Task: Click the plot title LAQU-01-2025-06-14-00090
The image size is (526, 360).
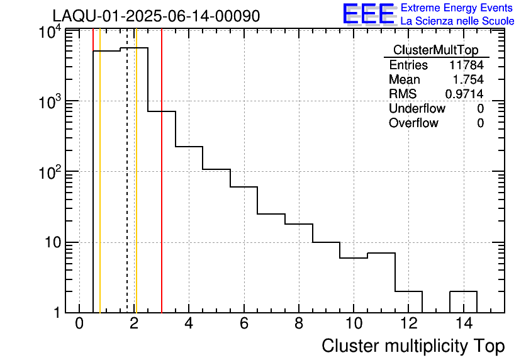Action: pyautogui.click(x=156, y=16)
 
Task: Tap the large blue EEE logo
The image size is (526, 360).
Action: pyautogui.click(x=368, y=14)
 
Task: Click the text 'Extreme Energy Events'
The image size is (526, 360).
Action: pyautogui.click(x=457, y=8)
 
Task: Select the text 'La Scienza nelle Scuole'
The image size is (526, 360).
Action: pyautogui.click(x=457, y=21)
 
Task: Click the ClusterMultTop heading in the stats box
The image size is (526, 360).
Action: pyautogui.click(x=435, y=50)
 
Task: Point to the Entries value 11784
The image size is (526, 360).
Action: pyautogui.click(x=466, y=65)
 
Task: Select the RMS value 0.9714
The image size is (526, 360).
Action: pyautogui.click(x=464, y=94)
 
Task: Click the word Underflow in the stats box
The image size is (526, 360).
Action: pyautogui.click(x=417, y=108)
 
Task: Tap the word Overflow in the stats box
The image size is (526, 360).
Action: pyautogui.click(x=413, y=123)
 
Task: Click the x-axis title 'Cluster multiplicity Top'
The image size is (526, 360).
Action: pyautogui.click(x=413, y=346)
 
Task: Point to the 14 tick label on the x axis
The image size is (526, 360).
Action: pyautogui.click(x=463, y=324)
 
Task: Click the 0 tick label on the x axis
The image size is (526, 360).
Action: pyautogui.click(x=79, y=324)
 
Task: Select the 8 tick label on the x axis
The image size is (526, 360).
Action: pyautogui.click(x=298, y=324)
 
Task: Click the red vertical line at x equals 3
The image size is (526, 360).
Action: pyautogui.click(x=162, y=189)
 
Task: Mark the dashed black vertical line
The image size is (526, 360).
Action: pyautogui.click(x=127, y=189)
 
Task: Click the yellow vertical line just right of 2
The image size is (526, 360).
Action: pyautogui.click(x=136, y=189)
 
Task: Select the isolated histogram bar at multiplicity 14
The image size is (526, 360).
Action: pyautogui.click(x=463, y=301)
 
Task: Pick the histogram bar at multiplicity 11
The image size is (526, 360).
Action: pyautogui.click(x=381, y=283)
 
